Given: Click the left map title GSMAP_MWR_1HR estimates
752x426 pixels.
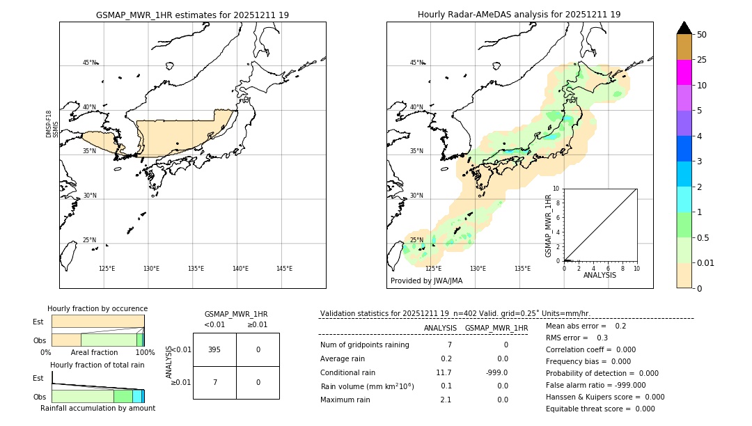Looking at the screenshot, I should pyautogui.click(x=192, y=15).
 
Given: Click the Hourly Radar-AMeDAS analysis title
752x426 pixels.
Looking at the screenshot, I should pyautogui.click(x=519, y=15).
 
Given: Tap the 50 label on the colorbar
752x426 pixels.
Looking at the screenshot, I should pyautogui.click(x=702, y=35).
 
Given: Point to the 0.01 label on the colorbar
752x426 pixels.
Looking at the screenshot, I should pyautogui.click(x=706, y=262).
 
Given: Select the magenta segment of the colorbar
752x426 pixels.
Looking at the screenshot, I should pyautogui.click(x=684, y=72).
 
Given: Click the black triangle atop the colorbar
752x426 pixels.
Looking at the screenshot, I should pyautogui.click(x=684, y=28).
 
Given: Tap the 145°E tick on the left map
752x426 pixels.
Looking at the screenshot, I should pyautogui.click(x=284, y=269).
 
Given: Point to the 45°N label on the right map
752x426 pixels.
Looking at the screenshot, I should pyautogui.click(x=416, y=63).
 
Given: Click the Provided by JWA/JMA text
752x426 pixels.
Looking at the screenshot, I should pyautogui.click(x=426, y=281).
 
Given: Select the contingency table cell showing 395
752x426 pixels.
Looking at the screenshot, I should pyautogui.click(x=214, y=349).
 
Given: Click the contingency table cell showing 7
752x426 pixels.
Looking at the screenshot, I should pyautogui.click(x=214, y=382).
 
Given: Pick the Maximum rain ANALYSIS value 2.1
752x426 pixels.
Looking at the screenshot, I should pyautogui.click(x=446, y=400).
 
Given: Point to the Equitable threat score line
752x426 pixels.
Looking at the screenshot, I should pyautogui.click(x=600, y=409).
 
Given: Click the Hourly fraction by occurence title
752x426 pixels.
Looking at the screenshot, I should pyautogui.click(x=97, y=308).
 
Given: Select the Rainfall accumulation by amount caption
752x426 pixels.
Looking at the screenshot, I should pyautogui.click(x=97, y=408).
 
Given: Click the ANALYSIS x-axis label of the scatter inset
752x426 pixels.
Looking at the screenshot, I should pyautogui.click(x=600, y=275).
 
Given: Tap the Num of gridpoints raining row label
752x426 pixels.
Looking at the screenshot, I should pyautogui.click(x=364, y=345).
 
